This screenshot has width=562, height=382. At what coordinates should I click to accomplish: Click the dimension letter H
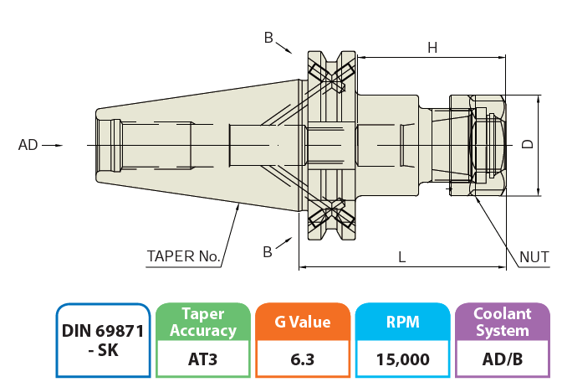click(432, 48)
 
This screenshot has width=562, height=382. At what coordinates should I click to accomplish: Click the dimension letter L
click(402, 258)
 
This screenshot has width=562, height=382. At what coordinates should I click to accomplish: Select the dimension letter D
click(528, 144)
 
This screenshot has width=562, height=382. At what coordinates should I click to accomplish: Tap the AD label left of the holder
click(28, 145)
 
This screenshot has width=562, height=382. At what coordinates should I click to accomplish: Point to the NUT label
click(534, 256)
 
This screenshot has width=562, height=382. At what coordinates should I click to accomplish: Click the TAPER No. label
click(183, 256)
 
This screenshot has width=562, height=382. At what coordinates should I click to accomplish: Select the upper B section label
click(268, 37)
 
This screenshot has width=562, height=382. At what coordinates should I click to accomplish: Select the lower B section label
click(268, 251)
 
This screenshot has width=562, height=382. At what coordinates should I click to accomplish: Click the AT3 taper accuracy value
click(203, 359)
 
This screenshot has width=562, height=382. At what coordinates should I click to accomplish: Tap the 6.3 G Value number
click(302, 359)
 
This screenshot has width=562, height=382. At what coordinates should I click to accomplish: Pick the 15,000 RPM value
click(402, 359)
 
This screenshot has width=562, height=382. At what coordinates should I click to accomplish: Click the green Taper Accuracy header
click(203, 323)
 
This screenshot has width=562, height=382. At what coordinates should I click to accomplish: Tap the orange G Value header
click(302, 323)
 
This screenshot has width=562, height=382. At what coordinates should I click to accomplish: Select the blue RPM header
click(402, 323)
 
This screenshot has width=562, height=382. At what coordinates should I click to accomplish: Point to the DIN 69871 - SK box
click(103, 340)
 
